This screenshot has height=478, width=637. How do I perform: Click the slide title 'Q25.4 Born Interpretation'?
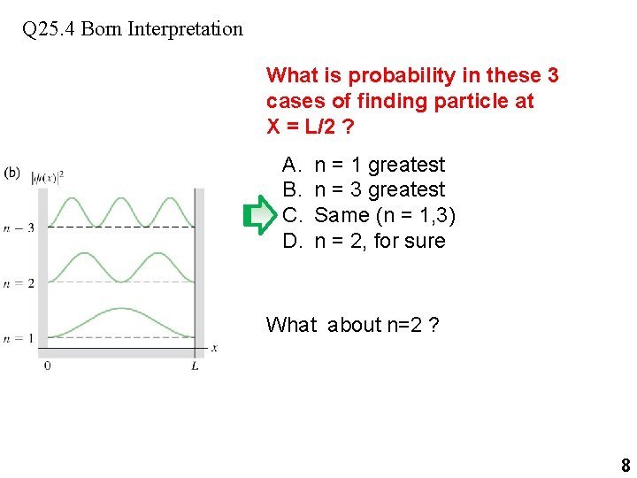[133, 28]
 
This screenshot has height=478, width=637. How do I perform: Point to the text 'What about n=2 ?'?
[352, 325]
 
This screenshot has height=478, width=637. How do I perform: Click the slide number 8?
[625, 466]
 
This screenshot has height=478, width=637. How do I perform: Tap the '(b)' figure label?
[12, 173]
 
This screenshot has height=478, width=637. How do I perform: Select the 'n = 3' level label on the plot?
[18, 227]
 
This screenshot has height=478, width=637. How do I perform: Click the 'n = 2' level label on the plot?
[18, 283]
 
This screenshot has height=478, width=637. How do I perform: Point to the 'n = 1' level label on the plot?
[18, 338]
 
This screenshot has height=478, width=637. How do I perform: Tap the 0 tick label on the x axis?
[47, 366]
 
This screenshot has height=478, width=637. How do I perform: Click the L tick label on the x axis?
[195, 366]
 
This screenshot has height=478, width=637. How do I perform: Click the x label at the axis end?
[214, 349]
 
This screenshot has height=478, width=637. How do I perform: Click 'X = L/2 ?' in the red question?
[311, 127]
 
